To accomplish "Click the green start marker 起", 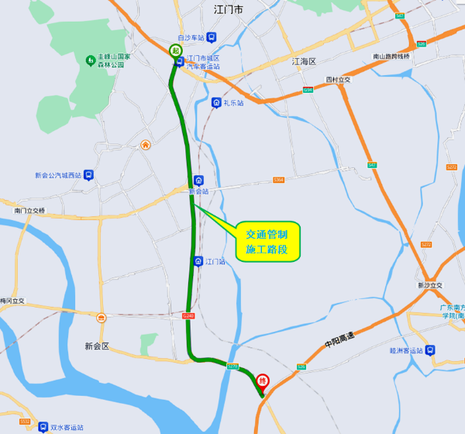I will pyautogui.click(x=176, y=50).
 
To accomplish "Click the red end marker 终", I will pyautogui.click(x=263, y=380).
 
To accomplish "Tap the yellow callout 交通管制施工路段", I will pyautogui.click(x=267, y=241).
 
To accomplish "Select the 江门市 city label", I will pyautogui.click(x=228, y=9).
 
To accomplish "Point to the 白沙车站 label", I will pyautogui.click(x=191, y=37).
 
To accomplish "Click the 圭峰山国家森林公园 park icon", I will pyautogui.click(x=91, y=60).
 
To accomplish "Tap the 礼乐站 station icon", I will pyautogui.click(x=215, y=102).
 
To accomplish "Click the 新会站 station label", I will pyautogui.click(x=200, y=191).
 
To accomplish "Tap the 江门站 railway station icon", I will pyautogui.click(x=198, y=262).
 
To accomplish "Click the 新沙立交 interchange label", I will pyautogui.click(x=429, y=285).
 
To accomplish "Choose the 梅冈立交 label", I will pyautogui.click(x=12, y=301).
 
